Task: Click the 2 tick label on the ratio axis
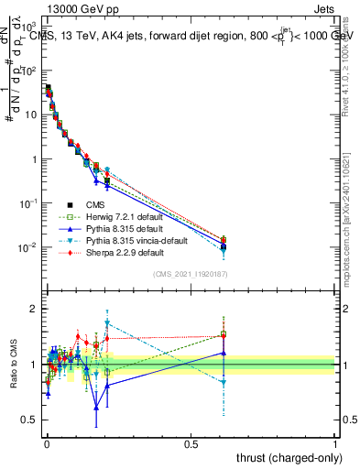pos(36,309)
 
